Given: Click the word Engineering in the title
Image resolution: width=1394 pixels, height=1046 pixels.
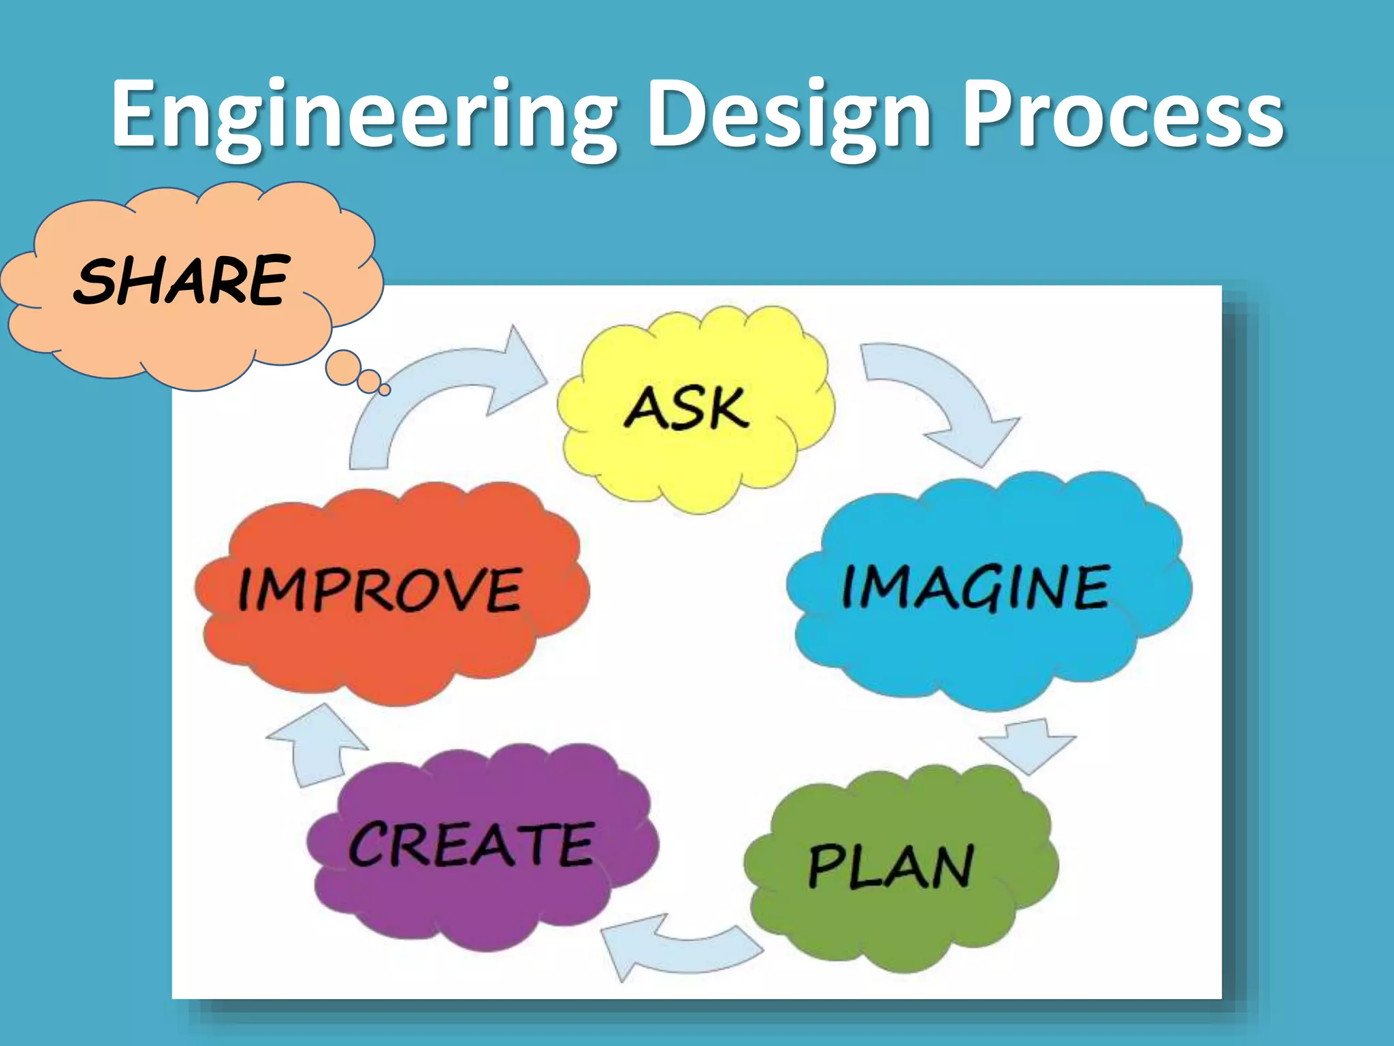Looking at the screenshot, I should click(x=364, y=116).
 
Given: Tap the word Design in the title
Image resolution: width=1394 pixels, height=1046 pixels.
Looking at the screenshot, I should click(x=790, y=116).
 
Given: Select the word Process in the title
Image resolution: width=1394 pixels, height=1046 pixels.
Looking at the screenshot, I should click(x=1123, y=116).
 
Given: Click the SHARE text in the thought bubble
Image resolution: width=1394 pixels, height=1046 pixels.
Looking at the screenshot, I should click(x=182, y=280).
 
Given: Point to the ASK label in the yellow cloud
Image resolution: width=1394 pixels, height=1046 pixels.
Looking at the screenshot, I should click(x=687, y=408).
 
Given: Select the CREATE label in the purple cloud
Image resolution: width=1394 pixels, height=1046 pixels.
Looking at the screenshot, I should click(x=472, y=844).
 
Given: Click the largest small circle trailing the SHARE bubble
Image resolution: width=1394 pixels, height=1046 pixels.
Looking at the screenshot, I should click(x=343, y=367).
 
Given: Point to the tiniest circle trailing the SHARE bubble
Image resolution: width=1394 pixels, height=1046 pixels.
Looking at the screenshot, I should click(x=385, y=390).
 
